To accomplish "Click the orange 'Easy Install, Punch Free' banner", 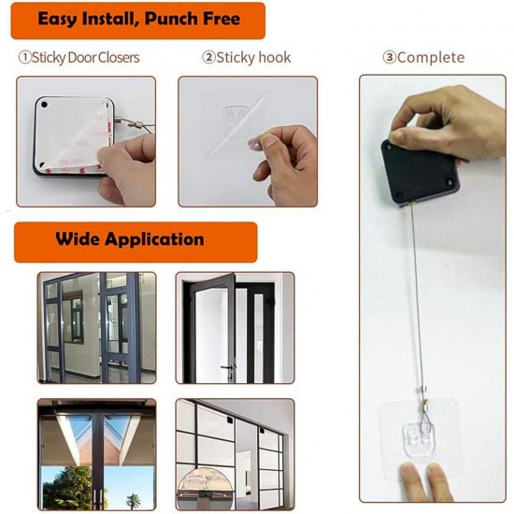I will coord(138,20).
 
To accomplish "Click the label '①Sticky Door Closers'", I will coord(79,58).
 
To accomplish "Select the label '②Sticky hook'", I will coord(247,58).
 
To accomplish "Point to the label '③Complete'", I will coord(422,58).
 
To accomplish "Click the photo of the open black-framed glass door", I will coord(235,327).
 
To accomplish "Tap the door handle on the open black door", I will coord(225,368).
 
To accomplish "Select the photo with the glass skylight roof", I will coord(95,453).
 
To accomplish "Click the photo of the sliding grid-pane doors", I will coord(235,453).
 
